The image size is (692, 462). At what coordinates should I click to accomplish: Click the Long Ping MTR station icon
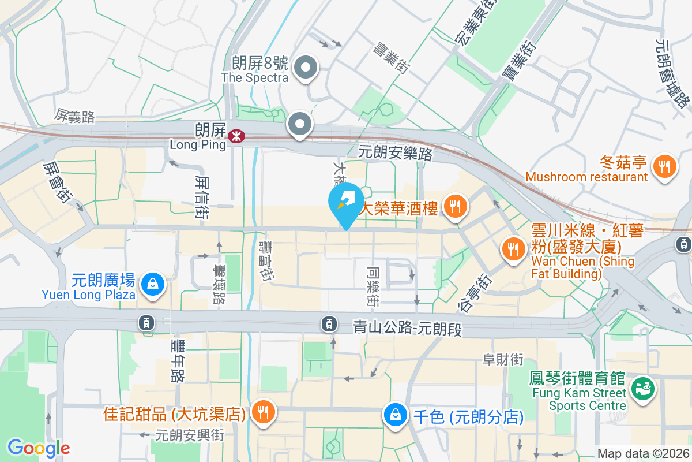click(235, 136)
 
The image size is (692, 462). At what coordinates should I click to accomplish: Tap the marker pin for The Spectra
click(306, 68)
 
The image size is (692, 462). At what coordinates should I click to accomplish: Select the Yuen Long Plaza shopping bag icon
click(153, 284)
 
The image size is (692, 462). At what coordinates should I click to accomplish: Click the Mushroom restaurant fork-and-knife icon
click(665, 167)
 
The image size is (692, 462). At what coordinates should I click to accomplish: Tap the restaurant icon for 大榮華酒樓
click(456, 206)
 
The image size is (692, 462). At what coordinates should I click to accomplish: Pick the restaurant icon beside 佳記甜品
click(263, 412)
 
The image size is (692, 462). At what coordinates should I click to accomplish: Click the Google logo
click(39, 448)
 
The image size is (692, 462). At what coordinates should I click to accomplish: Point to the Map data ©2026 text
click(643, 454)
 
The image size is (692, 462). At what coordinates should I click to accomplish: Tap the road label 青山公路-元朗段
click(408, 329)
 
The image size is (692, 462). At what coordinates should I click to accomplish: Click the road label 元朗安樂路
click(395, 152)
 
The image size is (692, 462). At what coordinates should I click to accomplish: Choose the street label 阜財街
click(503, 360)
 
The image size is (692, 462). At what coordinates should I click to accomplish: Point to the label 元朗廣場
click(104, 281)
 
